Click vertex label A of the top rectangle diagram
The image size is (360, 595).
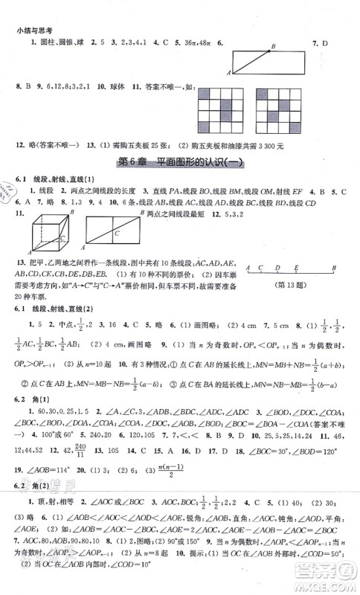coord(229,72)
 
